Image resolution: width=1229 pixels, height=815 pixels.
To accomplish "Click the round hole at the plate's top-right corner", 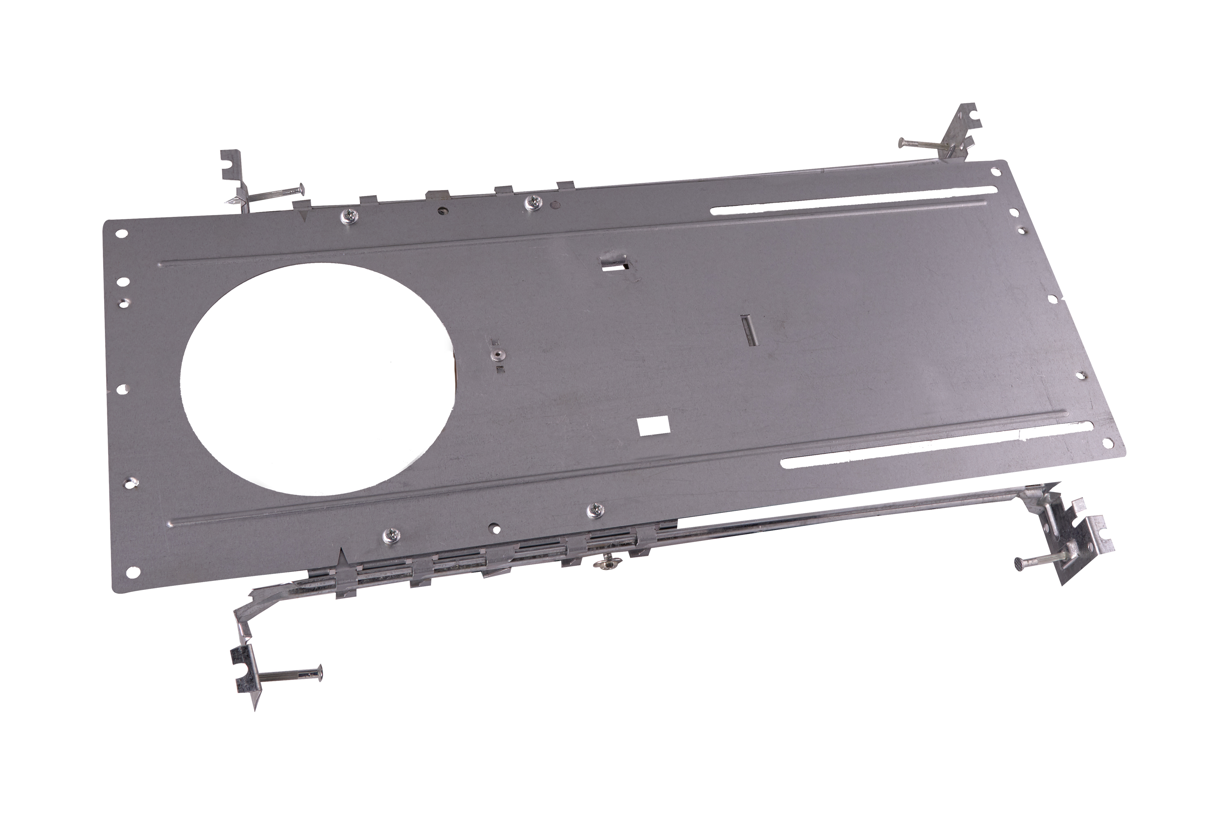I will (x=994, y=171).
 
